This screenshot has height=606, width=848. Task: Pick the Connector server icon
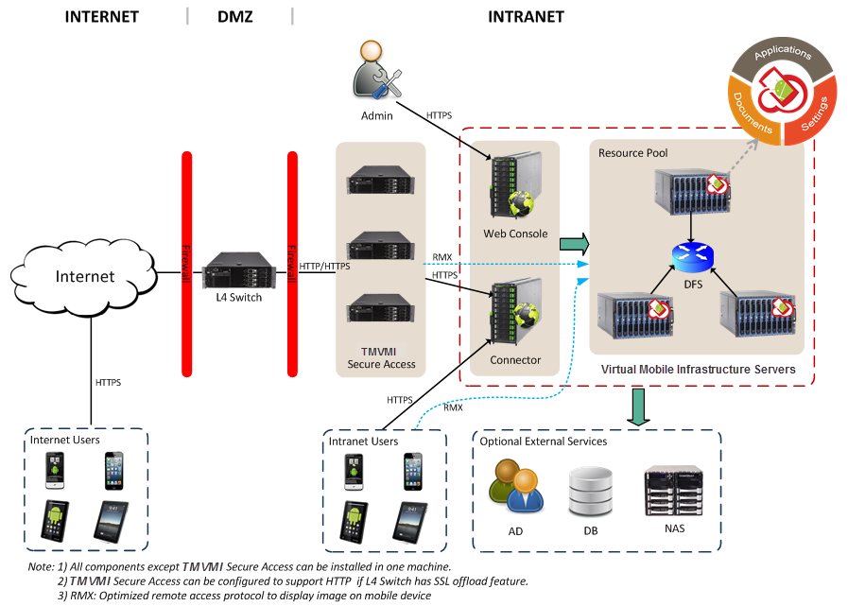click(x=511, y=317)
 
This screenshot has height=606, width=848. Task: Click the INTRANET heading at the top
click(x=526, y=16)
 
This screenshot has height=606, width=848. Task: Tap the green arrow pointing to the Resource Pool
click(x=573, y=244)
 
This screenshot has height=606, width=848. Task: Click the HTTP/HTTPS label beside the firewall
click(x=324, y=266)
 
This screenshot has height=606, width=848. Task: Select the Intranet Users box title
click(x=363, y=441)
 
